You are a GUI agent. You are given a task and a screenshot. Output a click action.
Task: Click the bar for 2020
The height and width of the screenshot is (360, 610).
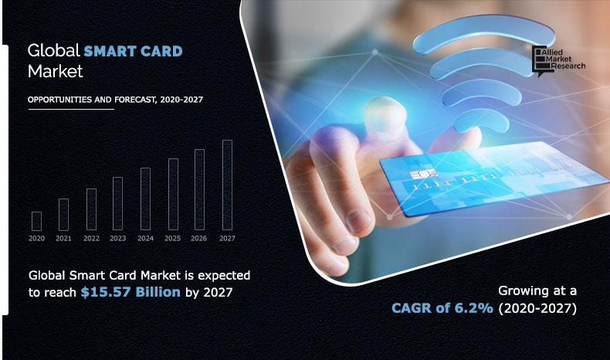36,221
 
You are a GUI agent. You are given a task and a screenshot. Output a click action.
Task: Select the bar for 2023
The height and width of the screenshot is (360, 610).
117,204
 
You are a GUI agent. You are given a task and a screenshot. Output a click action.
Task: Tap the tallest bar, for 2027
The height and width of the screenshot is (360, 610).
227,185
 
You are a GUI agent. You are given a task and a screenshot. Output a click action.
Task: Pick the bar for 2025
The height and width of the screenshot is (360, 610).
173,195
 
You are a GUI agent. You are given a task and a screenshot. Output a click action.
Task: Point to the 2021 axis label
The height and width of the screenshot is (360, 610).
63,239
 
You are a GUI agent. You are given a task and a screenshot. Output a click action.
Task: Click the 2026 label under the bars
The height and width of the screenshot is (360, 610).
199,239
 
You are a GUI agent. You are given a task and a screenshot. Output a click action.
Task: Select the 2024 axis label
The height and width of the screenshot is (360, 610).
145,239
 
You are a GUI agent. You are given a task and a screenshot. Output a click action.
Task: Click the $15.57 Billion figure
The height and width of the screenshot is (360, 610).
130,292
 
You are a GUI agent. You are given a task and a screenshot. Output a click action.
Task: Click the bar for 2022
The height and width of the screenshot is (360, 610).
91,210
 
